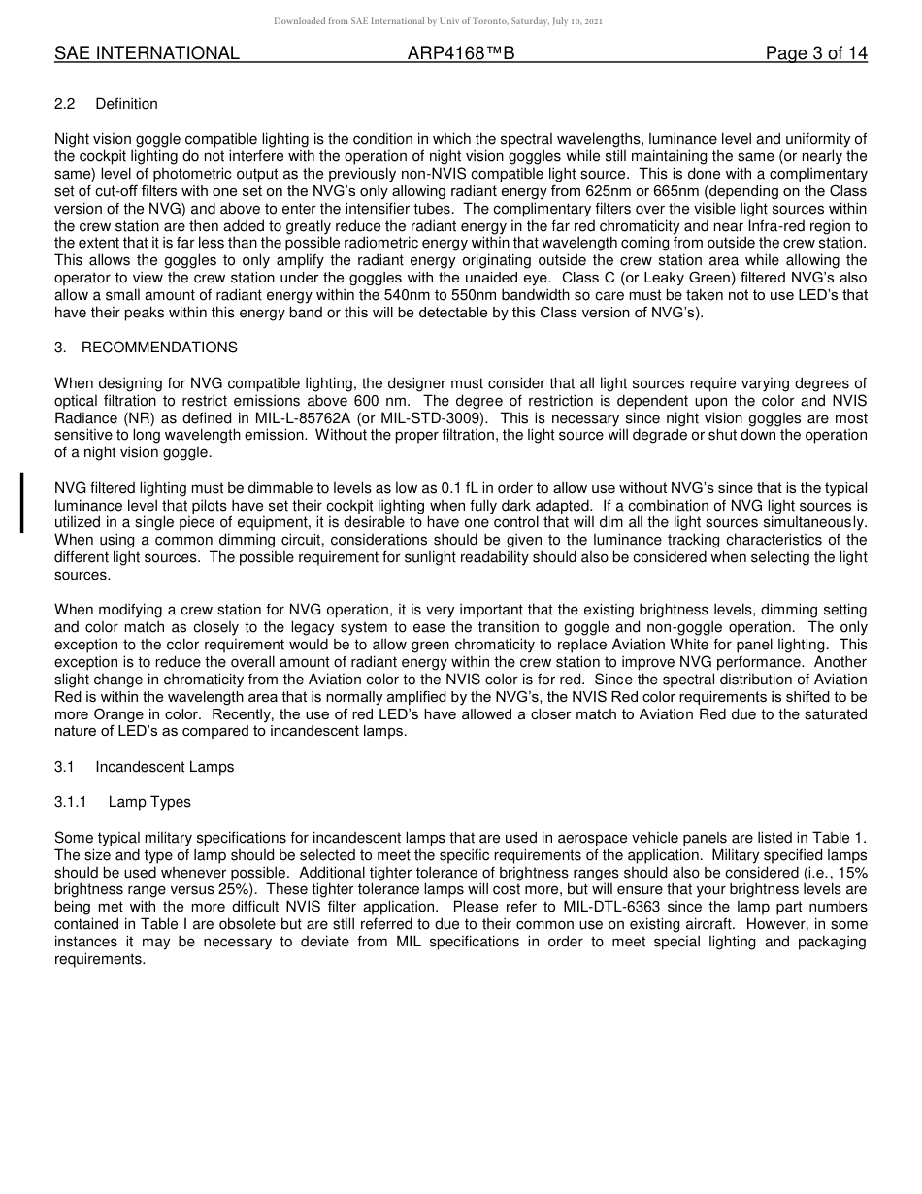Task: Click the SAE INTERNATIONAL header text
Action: pos(147,53)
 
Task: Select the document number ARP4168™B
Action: pos(461,53)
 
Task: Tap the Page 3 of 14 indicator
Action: pos(816,53)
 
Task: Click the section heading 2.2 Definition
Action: pos(106,104)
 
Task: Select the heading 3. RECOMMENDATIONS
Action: pos(146,348)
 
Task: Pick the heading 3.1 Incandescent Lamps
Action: pos(144,767)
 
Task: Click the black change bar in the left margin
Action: pos(21,502)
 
